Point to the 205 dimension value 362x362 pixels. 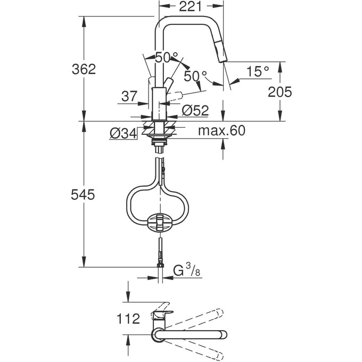tap(279, 92)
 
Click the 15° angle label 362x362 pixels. tap(258, 71)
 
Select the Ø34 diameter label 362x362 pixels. tap(123, 134)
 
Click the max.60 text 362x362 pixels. tap(222, 131)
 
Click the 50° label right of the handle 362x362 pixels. tap(195, 76)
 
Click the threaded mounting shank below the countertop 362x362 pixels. tap(158, 138)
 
